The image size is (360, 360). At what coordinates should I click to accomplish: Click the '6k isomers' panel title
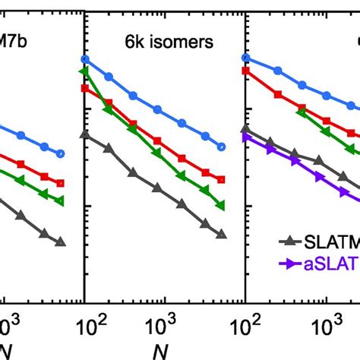point(161,44)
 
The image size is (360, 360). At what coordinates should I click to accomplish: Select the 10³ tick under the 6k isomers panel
point(162,327)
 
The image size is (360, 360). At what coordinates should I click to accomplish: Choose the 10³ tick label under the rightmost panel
point(325,327)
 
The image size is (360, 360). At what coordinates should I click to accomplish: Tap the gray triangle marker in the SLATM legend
point(288,242)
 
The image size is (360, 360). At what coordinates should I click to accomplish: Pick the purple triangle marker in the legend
point(288,264)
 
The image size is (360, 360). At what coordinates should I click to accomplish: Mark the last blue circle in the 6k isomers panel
point(221,147)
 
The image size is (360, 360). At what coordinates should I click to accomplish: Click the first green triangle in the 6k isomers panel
point(84,71)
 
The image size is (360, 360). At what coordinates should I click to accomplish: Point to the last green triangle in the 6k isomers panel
point(221,205)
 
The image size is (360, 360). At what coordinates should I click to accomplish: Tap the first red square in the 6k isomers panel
point(84,88)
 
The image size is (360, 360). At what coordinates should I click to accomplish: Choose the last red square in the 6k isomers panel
point(221,180)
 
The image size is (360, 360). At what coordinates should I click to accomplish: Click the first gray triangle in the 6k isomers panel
point(84,134)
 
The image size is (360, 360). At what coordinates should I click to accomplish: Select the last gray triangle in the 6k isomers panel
point(221,234)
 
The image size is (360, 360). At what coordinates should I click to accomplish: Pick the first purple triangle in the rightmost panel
point(245,137)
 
